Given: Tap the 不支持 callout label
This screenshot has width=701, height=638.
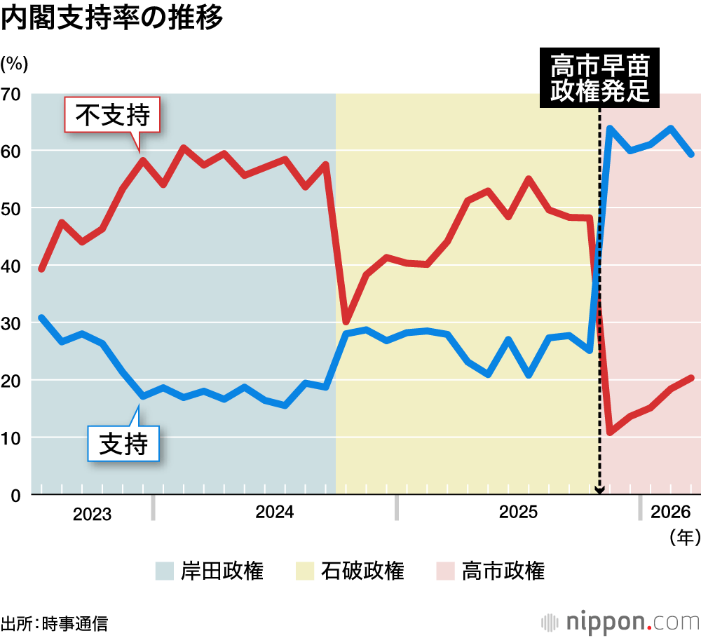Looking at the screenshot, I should coord(113,115).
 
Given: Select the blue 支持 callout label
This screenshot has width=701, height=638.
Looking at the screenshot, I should coord(123,444).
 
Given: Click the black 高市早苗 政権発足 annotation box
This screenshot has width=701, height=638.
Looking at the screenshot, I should coord(599,79).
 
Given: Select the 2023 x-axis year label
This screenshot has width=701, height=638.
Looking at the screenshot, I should coord(92,515).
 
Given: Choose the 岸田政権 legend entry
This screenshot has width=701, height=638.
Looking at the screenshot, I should coord(210,571).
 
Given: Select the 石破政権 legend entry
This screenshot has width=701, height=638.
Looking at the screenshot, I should coord(350,571).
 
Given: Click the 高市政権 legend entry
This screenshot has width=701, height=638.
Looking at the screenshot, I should coord(490,571).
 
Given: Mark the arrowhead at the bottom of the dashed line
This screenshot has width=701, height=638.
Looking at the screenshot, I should coord(599,490).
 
